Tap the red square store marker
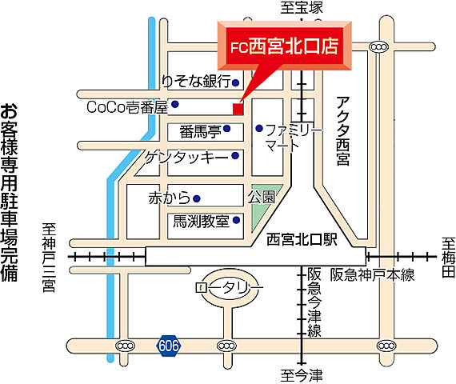(237, 108)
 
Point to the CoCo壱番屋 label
(127, 105)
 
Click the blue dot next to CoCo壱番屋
(175, 104)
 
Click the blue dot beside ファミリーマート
(258, 128)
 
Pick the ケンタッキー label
(186, 157)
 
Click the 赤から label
(168, 198)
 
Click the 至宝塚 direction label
(302, 7)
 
